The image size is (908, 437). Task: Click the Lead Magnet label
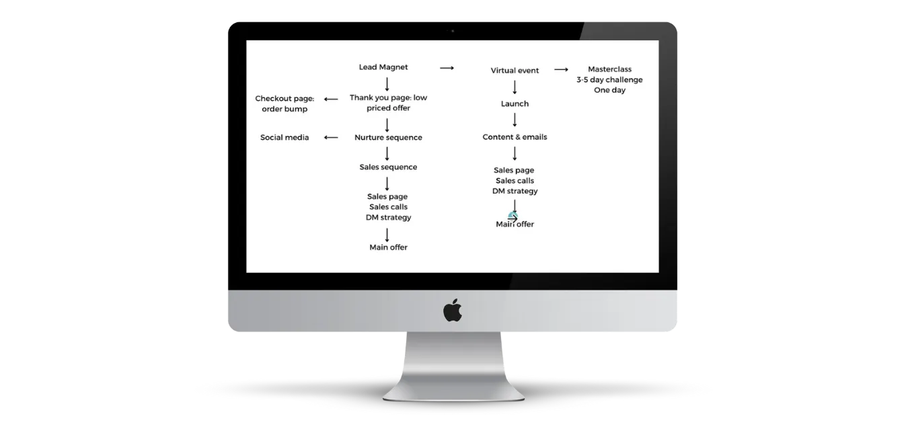[383, 67]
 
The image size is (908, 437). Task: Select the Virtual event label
[515, 71]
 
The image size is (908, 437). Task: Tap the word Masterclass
[609, 69]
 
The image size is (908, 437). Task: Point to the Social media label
[285, 138]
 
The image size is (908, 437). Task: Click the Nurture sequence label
[388, 138]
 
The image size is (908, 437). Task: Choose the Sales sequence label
[388, 167]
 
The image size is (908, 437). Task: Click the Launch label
[515, 104]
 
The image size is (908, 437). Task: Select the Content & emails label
[515, 137]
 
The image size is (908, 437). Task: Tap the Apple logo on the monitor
[453, 311]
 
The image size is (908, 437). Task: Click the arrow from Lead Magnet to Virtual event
[447, 68]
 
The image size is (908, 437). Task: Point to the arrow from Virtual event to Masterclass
[561, 70]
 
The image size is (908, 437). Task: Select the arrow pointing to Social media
[331, 138]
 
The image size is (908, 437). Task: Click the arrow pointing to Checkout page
[331, 100]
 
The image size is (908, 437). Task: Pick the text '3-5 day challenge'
[609, 80]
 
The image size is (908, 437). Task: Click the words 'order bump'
[285, 109]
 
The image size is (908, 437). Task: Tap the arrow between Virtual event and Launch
[515, 87]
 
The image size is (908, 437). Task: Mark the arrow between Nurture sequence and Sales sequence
[387, 153]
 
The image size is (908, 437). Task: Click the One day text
[609, 90]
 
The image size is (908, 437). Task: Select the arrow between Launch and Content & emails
[515, 120]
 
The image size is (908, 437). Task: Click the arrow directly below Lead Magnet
[387, 84]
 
